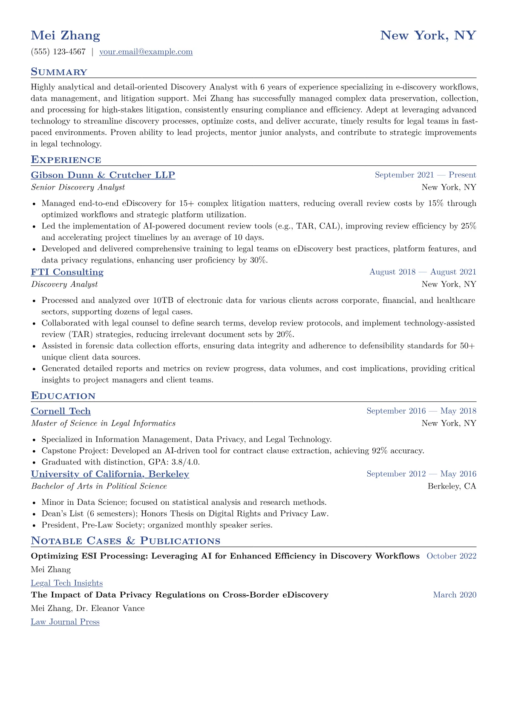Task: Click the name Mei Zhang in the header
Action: coord(66,35)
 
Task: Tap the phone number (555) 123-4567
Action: coord(58,52)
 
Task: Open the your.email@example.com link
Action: coord(146,52)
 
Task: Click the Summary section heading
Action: coord(59,72)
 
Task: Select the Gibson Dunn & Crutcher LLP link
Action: coord(103,175)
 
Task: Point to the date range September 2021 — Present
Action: coord(425,175)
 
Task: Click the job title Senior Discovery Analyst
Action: coord(78,187)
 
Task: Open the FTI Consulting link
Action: coord(67,272)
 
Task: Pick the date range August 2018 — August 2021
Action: coord(423,272)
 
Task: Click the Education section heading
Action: coord(63,396)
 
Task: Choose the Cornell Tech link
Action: coord(61,411)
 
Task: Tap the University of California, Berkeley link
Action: coord(110,474)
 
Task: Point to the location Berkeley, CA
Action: coord(452,487)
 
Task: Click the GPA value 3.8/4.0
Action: coord(186,462)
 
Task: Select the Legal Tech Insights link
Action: coord(67,583)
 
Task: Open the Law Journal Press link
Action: coord(65,622)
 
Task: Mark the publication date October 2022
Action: coord(451,556)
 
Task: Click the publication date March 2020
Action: coord(455,595)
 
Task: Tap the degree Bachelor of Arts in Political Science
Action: coord(99,487)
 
